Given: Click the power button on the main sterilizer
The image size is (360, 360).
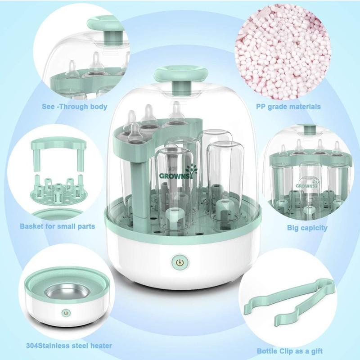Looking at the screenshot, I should click(x=180, y=262).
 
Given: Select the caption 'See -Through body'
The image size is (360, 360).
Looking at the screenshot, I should click(x=74, y=107).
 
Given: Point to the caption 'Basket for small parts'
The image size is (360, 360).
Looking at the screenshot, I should click(x=57, y=226).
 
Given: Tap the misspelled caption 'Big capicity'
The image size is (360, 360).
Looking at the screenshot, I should click(x=307, y=228).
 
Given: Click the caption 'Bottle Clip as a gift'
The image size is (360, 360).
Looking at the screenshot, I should click(x=290, y=351).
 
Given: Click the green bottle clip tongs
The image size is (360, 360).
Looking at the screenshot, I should click(x=297, y=300).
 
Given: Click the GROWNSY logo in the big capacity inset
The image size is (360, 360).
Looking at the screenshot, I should click(x=306, y=184).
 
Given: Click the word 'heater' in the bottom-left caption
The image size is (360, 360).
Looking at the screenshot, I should click(x=99, y=346).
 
